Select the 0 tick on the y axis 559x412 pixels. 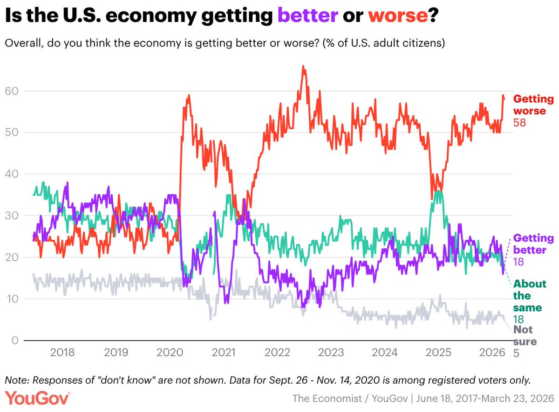15,341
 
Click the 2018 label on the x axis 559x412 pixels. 62,352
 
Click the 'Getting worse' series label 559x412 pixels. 533,105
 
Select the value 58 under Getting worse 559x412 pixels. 520,123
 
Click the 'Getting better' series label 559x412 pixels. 533,244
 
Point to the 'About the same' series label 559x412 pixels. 530,296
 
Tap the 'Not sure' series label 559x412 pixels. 525,336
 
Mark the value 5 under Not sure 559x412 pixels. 516,353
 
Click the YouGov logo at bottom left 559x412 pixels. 38,398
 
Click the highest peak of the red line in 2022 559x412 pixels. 303,67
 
